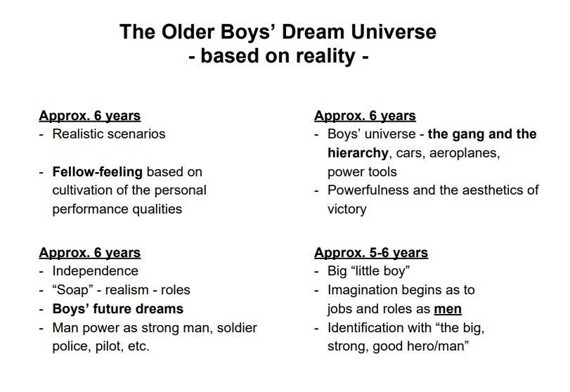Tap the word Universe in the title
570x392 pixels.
point(394,32)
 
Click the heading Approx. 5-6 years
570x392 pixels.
point(371,252)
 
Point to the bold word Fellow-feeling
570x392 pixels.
point(98,172)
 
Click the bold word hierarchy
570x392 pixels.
point(358,153)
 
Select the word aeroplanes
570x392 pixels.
point(465,153)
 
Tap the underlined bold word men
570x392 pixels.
point(448,309)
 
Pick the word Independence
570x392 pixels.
point(96,271)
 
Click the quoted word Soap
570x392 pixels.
point(72,290)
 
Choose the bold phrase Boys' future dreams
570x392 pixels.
point(118,309)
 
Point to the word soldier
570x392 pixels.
point(237,327)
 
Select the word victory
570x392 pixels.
point(347,209)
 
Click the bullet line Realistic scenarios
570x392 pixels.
point(109,134)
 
